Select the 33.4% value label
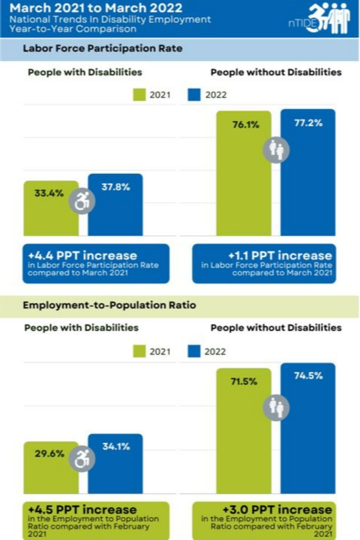pos(49,193)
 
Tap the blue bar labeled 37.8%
pos(116,211)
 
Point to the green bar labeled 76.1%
pos(243,186)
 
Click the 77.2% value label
pos(308,123)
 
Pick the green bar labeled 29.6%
pos(51,473)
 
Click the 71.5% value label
pos(244,381)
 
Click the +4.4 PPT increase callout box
pos(96,264)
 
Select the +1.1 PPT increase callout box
pos(264,264)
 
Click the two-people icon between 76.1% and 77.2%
pos(276,149)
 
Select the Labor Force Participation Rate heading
pos(103,49)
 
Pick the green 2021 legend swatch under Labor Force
pos(140,95)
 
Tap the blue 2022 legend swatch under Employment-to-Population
pos(194,351)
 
